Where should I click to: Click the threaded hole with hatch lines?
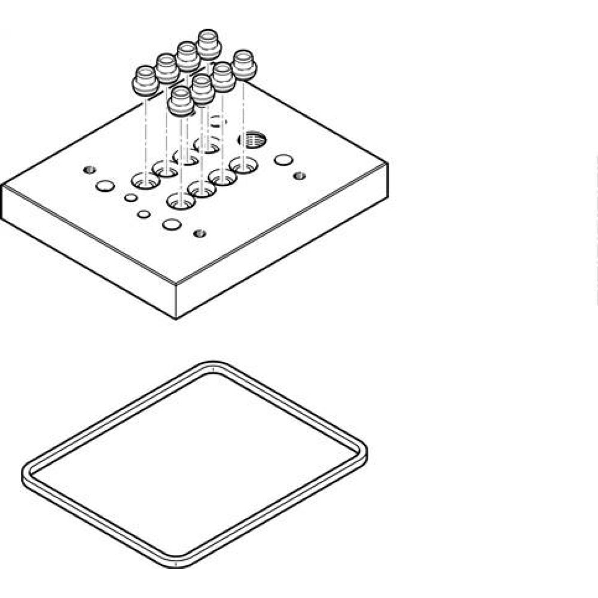pyautogui.click(x=252, y=140)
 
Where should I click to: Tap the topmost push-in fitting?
pyautogui.click(x=209, y=44)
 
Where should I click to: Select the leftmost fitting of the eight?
pyautogui.click(x=145, y=81)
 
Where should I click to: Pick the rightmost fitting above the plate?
pyautogui.click(x=244, y=64)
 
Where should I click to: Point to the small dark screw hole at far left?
pyautogui.click(x=90, y=169)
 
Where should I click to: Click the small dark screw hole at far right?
pyautogui.click(x=300, y=176)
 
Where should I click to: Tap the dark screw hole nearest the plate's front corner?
pyautogui.click(x=200, y=233)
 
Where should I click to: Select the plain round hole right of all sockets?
pyautogui.click(x=283, y=160)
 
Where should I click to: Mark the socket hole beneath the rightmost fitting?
pyautogui.click(x=243, y=164)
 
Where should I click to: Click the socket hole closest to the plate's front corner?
pyautogui.click(x=180, y=200)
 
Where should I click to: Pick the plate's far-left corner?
pyautogui.click(x=2, y=184)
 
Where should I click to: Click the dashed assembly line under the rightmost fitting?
pyautogui.click(x=244, y=120)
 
